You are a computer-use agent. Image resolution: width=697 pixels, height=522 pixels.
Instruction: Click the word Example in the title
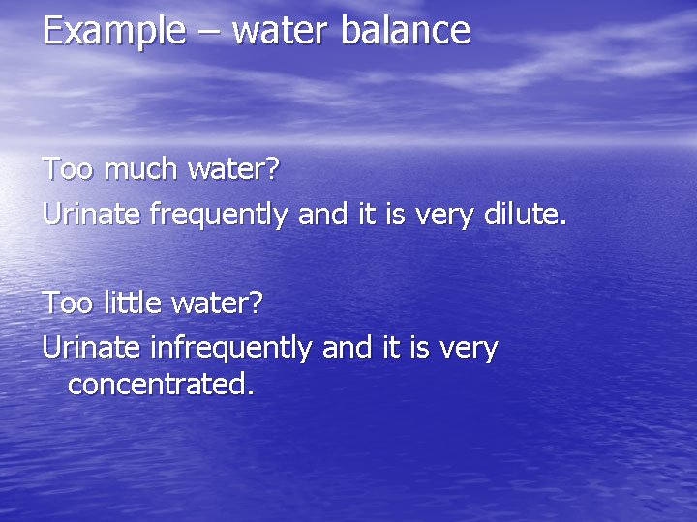(x=113, y=31)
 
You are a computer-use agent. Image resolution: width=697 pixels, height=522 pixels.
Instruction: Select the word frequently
(x=219, y=215)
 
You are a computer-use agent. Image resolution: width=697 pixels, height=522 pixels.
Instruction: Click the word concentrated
(x=161, y=385)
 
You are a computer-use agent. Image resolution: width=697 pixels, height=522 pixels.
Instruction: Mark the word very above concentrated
(x=467, y=347)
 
